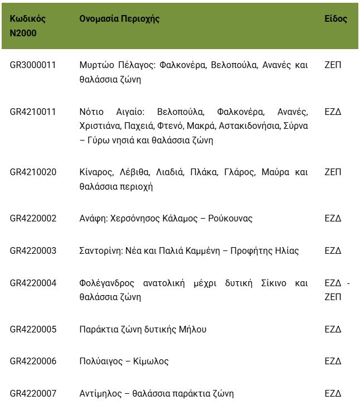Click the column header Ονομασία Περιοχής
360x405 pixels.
click(x=119, y=19)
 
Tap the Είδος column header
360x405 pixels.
click(x=335, y=19)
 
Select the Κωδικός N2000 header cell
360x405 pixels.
click(x=28, y=26)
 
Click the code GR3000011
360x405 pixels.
click(x=33, y=65)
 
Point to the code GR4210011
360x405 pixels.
click(x=33, y=112)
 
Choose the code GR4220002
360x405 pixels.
click(x=33, y=219)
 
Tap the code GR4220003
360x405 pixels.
click(x=33, y=251)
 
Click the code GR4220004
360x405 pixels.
click(x=33, y=283)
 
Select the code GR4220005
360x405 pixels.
click(x=33, y=330)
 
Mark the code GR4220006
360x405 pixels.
click(x=33, y=361)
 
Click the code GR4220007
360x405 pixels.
click(x=33, y=394)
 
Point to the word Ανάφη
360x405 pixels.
click(x=93, y=219)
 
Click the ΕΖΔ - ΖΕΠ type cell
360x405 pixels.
click(x=337, y=290)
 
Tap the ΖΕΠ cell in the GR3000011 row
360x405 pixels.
click(x=333, y=65)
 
